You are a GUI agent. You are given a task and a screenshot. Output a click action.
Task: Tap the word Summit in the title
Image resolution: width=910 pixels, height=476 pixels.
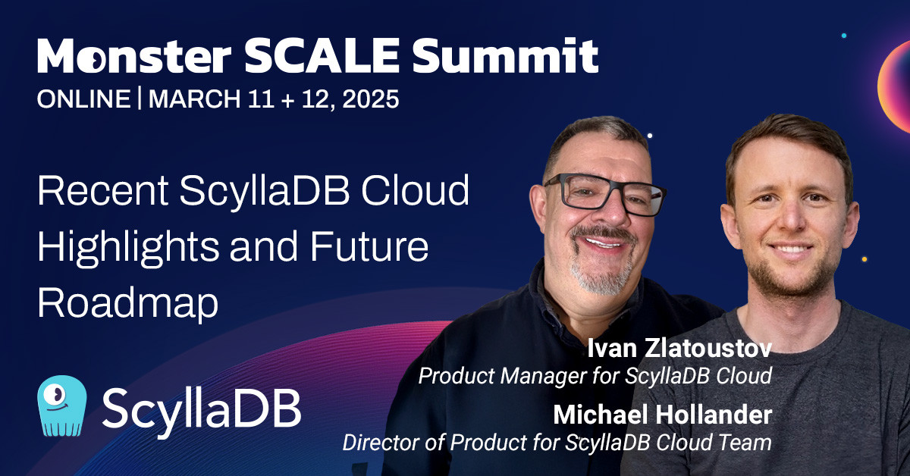click(505, 55)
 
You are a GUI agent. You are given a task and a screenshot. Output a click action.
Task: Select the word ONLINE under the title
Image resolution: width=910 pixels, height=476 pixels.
click(83, 99)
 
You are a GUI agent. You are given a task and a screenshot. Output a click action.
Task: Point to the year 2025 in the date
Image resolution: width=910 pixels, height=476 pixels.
click(371, 99)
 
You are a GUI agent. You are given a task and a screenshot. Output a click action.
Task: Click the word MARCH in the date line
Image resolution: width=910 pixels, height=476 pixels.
click(195, 99)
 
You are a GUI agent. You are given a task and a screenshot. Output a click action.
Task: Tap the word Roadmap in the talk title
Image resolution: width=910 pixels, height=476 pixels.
click(128, 303)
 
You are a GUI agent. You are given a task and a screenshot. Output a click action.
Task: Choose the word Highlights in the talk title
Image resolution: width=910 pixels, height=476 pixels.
click(128, 248)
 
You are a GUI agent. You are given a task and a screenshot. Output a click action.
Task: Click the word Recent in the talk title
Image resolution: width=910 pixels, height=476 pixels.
click(103, 191)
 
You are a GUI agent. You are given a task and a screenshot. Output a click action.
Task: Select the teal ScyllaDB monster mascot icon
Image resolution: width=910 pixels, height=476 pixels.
click(61, 406)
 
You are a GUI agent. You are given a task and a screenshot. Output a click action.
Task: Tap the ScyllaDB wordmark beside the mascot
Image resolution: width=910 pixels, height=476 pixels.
click(202, 408)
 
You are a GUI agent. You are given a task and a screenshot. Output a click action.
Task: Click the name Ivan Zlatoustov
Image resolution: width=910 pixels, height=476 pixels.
click(679, 349)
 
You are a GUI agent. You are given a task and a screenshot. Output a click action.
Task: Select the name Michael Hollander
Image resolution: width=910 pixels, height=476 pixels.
click(662, 415)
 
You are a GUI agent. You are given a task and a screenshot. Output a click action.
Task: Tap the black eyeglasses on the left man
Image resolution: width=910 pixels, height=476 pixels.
click(605, 194)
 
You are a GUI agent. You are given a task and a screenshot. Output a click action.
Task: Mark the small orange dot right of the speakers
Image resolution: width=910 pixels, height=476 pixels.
click(864, 259)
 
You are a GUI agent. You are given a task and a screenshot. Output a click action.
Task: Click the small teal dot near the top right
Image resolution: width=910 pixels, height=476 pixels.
click(844, 36)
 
